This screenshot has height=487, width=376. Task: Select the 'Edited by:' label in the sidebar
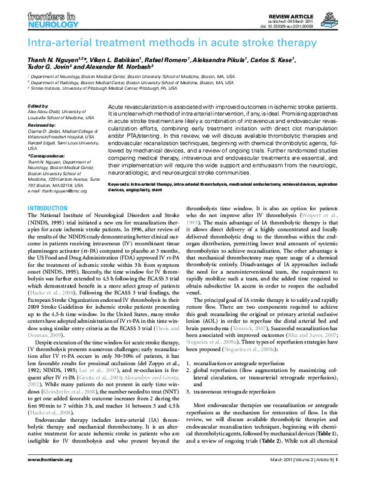39,107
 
